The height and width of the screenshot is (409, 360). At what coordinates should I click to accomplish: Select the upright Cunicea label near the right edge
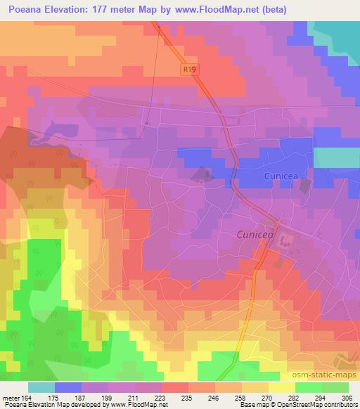(x=283, y=176)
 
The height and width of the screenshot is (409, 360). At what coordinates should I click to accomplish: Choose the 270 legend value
(x=268, y=397)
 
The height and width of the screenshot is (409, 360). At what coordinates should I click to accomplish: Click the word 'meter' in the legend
(x=11, y=397)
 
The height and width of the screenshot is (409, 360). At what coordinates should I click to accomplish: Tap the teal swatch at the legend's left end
(x=41, y=387)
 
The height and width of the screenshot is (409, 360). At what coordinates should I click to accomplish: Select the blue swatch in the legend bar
(x=68, y=387)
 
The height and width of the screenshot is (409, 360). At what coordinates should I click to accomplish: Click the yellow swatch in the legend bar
(x=281, y=387)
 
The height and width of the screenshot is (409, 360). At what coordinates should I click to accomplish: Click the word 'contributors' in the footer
(x=342, y=405)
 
